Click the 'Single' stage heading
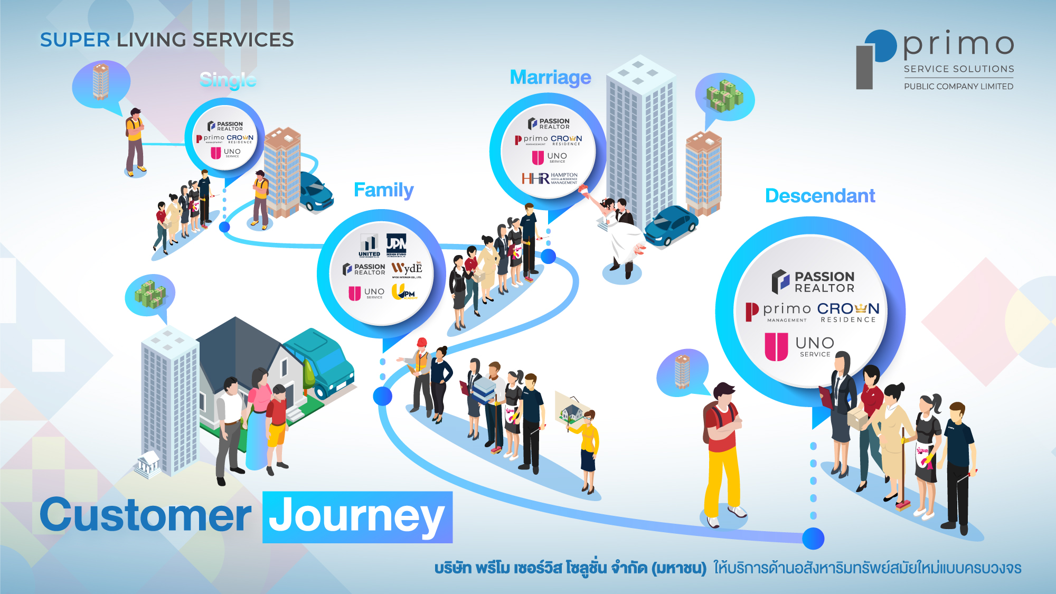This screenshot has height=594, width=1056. (228, 80)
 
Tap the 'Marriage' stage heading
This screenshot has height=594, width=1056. (550, 78)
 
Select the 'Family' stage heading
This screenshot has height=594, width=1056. (383, 190)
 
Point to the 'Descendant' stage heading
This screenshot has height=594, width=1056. (820, 196)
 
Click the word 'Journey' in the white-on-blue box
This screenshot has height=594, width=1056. (357, 517)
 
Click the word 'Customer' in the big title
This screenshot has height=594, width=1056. (145, 516)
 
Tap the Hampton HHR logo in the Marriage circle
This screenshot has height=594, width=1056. (550, 178)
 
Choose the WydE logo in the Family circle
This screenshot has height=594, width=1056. (407, 269)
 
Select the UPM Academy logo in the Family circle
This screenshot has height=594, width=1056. (404, 292)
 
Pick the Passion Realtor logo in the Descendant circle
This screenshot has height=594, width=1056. (813, 282)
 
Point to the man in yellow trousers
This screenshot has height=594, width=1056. (723, 454)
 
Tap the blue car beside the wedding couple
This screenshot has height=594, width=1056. (670, 225)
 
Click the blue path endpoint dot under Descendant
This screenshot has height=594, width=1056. (813, 539)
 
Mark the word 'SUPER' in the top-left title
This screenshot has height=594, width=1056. (75, 40)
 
